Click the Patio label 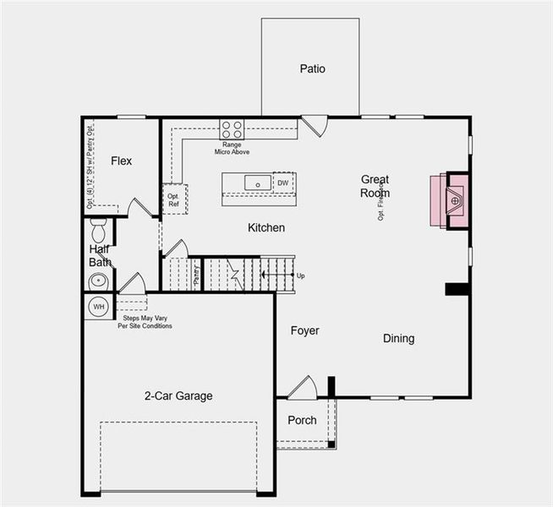tap(312, 69)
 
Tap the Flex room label tap(121, 161)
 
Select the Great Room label tap(375, 185)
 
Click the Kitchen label tap(266, 228)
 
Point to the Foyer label tap(304, 330)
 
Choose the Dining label tap(398, 338)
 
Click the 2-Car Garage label tap(178, 395)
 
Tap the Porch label tap(302, 420)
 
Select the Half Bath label tap(100, 255)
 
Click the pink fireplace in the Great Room tap(448, 200)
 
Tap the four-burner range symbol tap(232, 129)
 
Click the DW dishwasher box tap(283, 183)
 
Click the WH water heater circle tap(99, 307)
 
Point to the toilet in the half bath tap(98, 229)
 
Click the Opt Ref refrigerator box tap(174, 199)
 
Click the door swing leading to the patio tap(314, 126)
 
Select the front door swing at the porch tap(301, 388)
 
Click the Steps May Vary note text tap(145, 322)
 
